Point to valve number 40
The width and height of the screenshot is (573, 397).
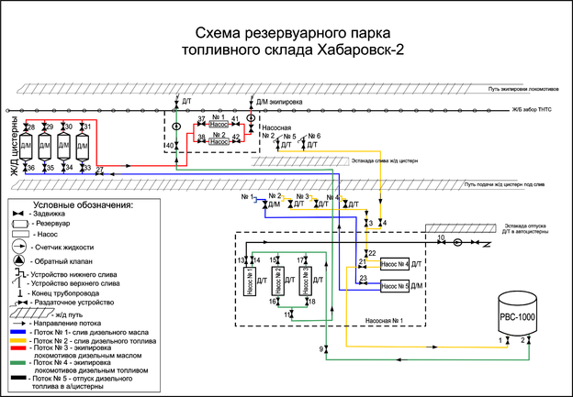pos(176,145)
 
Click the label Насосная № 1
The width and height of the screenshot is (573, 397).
pos(385,322)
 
